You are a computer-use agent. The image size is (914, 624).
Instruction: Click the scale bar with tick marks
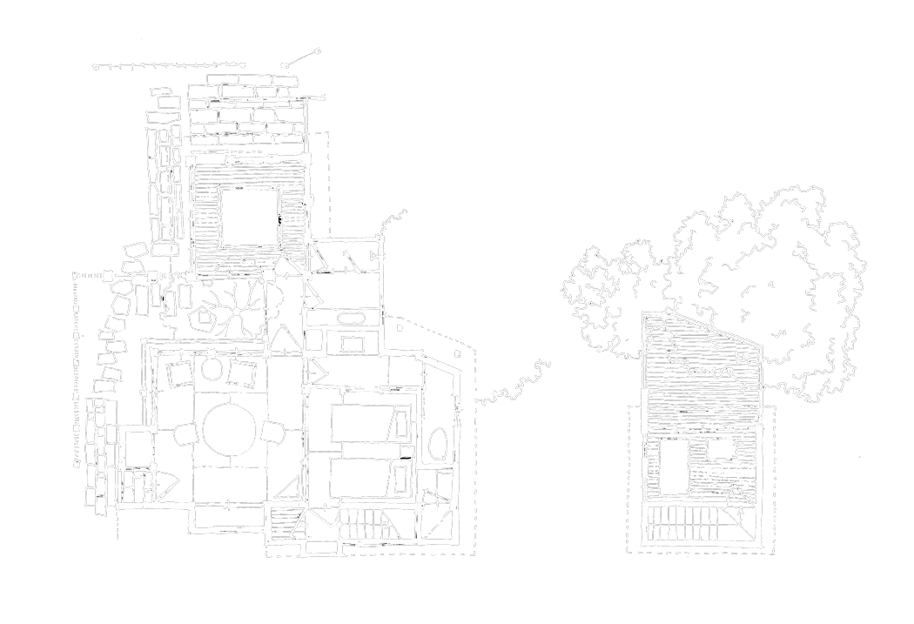(170, 64)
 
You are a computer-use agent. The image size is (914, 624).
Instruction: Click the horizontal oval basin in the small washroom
(350, 318)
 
